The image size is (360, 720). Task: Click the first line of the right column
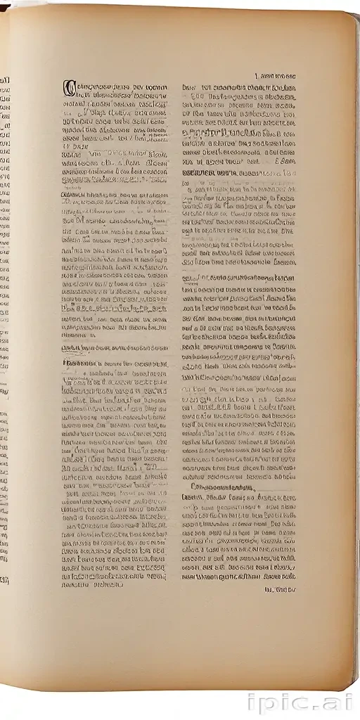[238, 87]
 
